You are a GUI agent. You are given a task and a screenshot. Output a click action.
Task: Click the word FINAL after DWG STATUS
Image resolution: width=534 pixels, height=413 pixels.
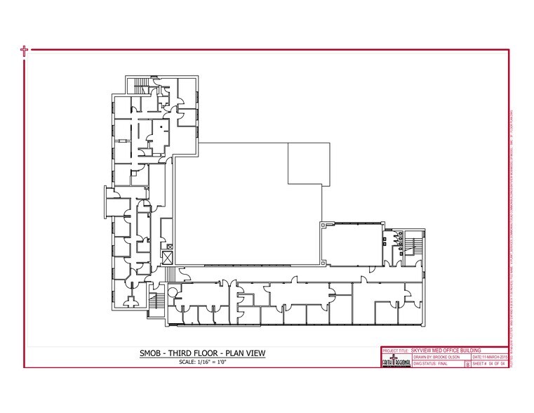(x=422, y=365)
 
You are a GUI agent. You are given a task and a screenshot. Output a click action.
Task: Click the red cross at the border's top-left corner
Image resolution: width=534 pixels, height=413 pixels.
(x=25, y=51)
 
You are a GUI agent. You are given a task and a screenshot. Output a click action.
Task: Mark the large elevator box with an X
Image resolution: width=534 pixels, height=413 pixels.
(x=167, y=258)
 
